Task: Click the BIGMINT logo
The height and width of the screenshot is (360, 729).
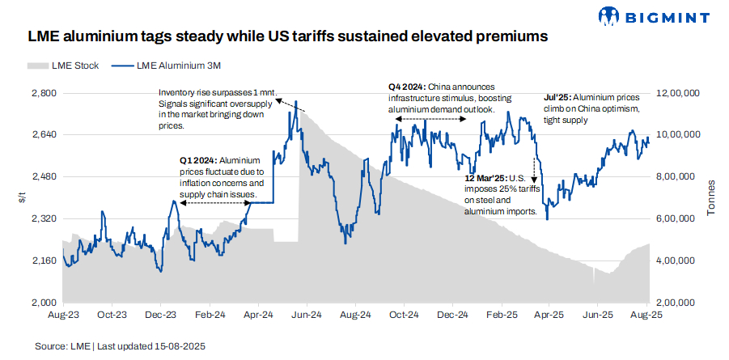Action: point(653,15)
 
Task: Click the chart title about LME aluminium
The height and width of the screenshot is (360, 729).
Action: point(288,36)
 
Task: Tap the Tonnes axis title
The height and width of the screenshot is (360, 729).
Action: point(712,198)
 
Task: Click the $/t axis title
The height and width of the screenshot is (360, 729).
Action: point(22,198)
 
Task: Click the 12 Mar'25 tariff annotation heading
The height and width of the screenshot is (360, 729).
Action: point(484,177)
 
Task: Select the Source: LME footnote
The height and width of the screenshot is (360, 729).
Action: point(120,345)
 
